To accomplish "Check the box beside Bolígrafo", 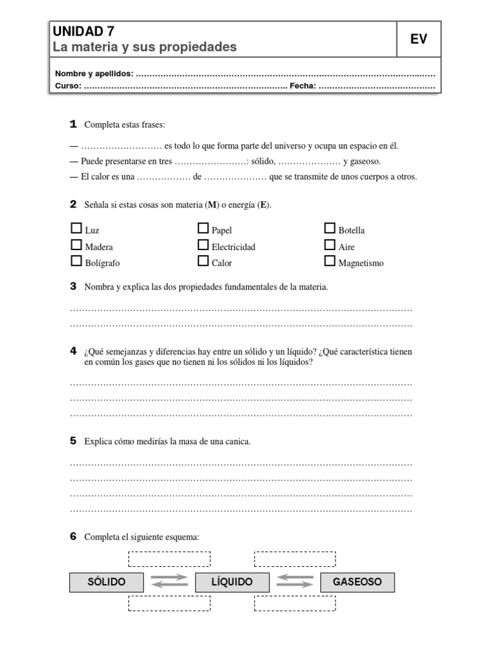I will (76, 261).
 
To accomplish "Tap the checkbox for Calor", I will (203, 261).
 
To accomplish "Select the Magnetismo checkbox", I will (330, 261).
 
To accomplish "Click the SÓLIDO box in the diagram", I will (107, 582).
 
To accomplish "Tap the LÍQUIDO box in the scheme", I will (232, 582).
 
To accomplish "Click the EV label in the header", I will (418, 39).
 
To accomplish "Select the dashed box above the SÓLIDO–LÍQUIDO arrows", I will (169, 559).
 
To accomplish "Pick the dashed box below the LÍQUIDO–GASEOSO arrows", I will (295, 603).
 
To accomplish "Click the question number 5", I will (73, 441).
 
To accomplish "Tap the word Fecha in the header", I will (302, 86).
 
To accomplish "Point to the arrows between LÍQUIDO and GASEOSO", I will (295, 581).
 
